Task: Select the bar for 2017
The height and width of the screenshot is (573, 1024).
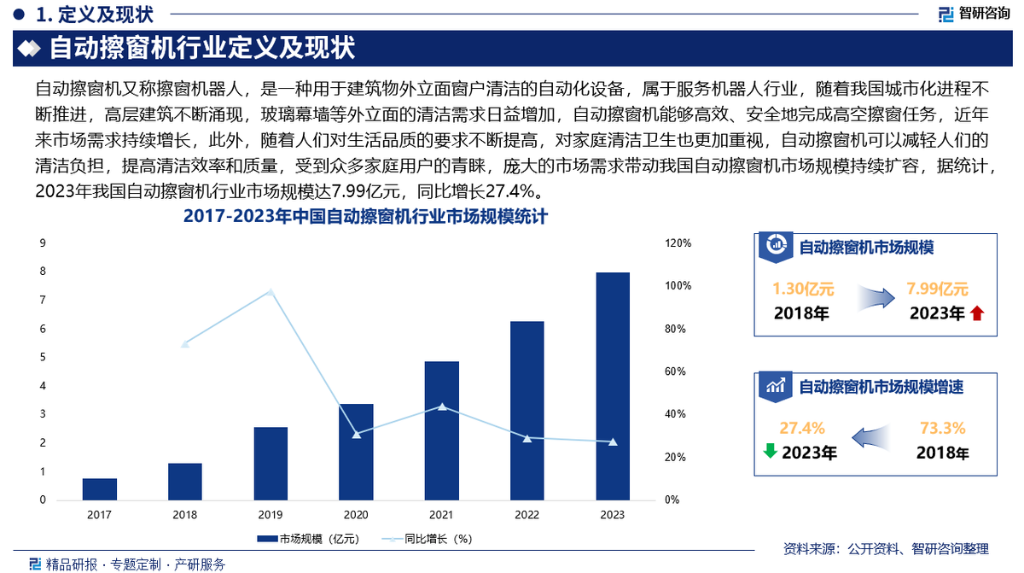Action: pyautogui.click(x=100, y=489)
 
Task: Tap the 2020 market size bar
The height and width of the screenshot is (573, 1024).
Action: pyautogui.click(x=356, y=452)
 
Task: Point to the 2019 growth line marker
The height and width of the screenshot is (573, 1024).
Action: pyautogui.click(x=271, y=292)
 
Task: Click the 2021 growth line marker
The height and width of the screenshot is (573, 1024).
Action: pyautogui.click(x=441, y=406)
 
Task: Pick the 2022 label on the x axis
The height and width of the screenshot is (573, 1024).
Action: pyautogui.click(x=527, y=515)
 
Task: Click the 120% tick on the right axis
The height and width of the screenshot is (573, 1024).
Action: pyautogui.click(x=678, y=243)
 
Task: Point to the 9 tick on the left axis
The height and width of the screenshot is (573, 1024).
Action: pyautogui.click(x=43, y=243)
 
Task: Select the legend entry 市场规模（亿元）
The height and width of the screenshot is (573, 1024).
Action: pyautogui.click(x=308, y=539)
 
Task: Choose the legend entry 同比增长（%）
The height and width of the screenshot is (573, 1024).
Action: pyautogui.click(x=428, y=539)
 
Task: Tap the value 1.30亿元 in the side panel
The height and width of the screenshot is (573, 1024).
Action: pyautogui.click(x=803, y=289)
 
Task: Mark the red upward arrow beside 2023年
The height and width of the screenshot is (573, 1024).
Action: pyautogui.click(x=977, y=313)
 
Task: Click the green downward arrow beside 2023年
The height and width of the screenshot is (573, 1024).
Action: pyautogui.click(x=770, y=450)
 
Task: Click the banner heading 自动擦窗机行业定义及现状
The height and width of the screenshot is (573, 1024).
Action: pyautogui.click(x=202, y=49)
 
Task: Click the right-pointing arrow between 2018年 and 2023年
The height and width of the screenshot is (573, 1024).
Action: pyautogui.click(x=873, y=299)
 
